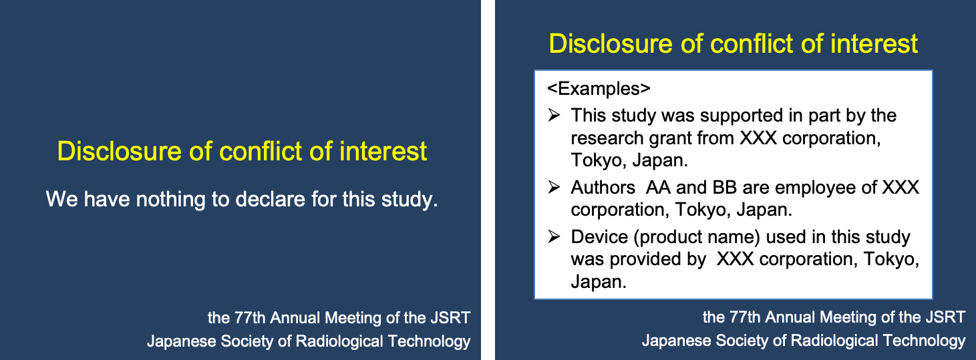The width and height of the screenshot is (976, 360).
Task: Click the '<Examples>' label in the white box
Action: point(599,88)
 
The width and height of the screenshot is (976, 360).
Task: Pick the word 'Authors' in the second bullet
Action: point(603,188)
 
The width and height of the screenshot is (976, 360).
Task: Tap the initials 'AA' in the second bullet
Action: point(658,188)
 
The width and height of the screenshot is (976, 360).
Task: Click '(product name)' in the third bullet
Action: point(697,238)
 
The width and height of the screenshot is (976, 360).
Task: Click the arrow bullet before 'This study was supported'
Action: point(554,115)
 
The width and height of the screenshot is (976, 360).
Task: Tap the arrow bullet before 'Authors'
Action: point(554,187)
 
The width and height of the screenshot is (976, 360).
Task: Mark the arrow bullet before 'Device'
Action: point(554,236)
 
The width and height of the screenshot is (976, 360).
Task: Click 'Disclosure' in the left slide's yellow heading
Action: point(119,151)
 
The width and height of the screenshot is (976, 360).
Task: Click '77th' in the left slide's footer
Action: point(250,318)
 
